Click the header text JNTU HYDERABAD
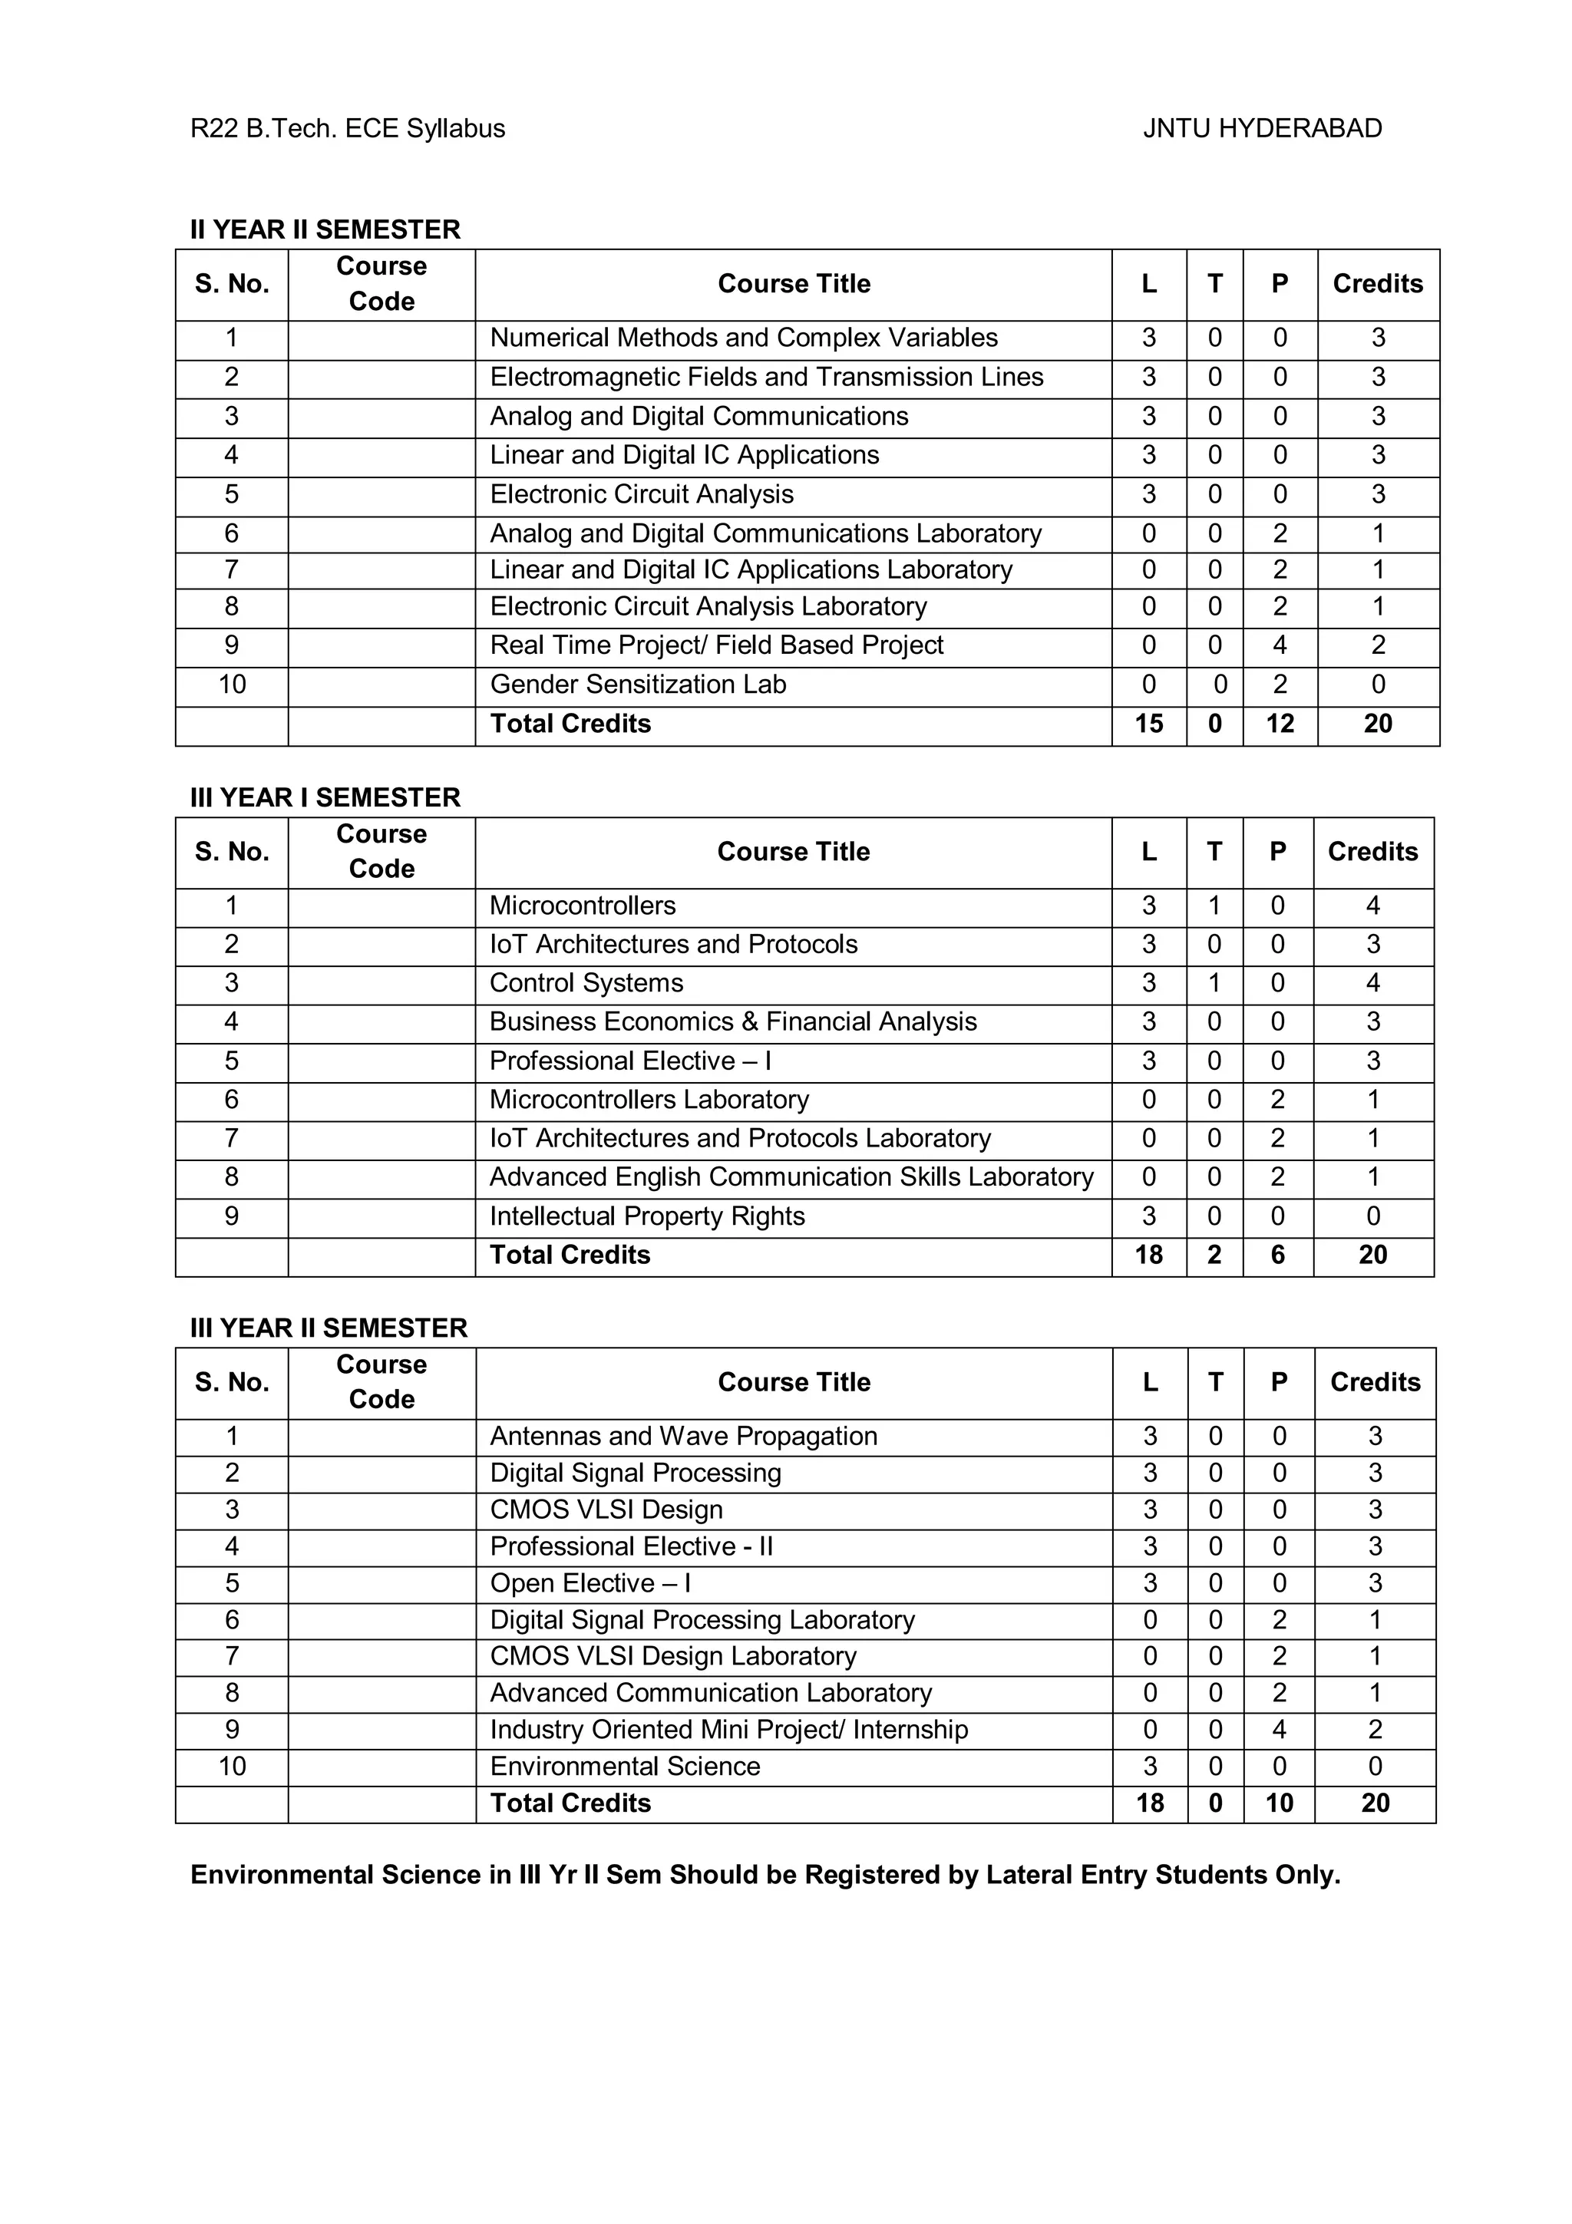pyautogui.click(x=1262, y=129)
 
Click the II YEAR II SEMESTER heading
pyautogui.click(x=325, y=229)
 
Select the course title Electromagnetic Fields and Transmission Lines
pyautogui.click(x=766, y=377)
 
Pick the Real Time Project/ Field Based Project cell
pyautogui.click(x=716, y=645)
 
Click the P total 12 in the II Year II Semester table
pyautogui.click(x=1280, y=724)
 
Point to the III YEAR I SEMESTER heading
pyautogui.click(x=325, y=797)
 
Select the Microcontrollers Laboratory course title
pyautogui.click(x=649, y=1100)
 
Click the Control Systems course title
pyautogui.click(x=586, y=983)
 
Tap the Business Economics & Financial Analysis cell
pyautogui.click(x=732, y=1022)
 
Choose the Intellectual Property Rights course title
pyautogui.click(x=647, y=1216)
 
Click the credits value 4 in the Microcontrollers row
pyautogui.click(x=1372, y=906)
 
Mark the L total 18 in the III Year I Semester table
pyautogui.click(x=1149, y=1255)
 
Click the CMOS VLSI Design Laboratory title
pyautogui.click(x=673, y=1656)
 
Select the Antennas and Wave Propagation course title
pyautogui.click(x=683, y=1436)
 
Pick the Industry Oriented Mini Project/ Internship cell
pyautogui.click(x=728, y=1729)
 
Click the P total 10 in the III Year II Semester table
pyautogui.click(x=1279, y=1803)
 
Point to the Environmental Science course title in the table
pyautogui.click(x=625, y=1766)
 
